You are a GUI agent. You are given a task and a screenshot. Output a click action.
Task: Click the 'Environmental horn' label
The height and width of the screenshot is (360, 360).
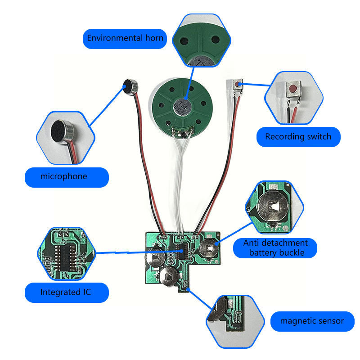pyautogui.click(x=125, y=39)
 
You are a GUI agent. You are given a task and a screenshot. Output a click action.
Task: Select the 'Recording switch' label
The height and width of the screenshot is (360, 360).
pyautogui.click(x=298, y=137)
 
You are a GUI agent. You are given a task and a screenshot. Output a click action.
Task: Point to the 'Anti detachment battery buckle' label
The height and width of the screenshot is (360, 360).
pyautogui.click(x=275, y=248)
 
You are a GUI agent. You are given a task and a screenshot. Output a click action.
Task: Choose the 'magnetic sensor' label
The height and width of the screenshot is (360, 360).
pyautogui.click(x=312, y=321)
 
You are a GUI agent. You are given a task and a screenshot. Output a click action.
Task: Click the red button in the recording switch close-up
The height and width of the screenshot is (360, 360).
pyautogui.click(x=292, y=88)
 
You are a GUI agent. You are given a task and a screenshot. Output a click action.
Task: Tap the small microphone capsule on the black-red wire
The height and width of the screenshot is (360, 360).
pyautogui.click(x=130, y=86)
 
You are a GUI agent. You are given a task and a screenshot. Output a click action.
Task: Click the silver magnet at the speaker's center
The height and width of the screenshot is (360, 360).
pyautogui.click(x=183, y=107)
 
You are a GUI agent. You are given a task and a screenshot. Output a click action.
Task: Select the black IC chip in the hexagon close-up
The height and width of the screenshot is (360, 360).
pyautogui.click(x=65, y=256)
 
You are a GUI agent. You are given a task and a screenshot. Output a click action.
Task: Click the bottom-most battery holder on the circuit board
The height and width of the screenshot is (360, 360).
pyautogui.click(x=169, y=276)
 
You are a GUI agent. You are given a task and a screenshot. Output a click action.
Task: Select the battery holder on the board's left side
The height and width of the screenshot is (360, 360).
pyautogui.click(x=155, y=257)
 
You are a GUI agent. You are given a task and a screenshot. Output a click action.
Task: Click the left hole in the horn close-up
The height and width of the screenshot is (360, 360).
pyautogui.click(x=184, y=41)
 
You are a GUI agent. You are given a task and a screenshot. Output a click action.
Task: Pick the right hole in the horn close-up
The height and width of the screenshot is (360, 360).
pyautogui.click(x=216, y=39)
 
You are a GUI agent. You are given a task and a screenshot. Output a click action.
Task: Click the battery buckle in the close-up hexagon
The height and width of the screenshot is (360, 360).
pyautogui.click(x=273, y=207)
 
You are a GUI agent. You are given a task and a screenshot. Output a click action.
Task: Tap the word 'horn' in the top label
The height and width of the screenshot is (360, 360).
pyautogui.click(x=154, y=38)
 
